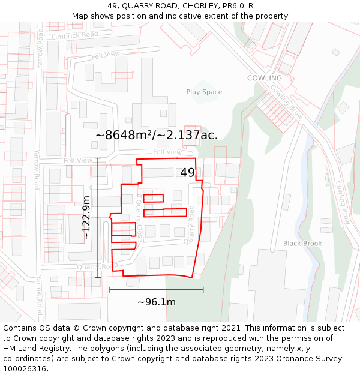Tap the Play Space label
pos(204,92)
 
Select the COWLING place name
pos(264,78)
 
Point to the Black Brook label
pos(302,244)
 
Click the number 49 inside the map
pos(187,173)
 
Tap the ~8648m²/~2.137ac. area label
pos(157,135)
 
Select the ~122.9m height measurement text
pos(86,218)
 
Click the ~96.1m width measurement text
pos(157,302)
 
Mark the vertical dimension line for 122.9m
pos(98,218)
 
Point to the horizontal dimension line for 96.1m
pos(157,290)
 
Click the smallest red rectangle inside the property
pos(153,198)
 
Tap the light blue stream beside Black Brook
pos(310,180)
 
